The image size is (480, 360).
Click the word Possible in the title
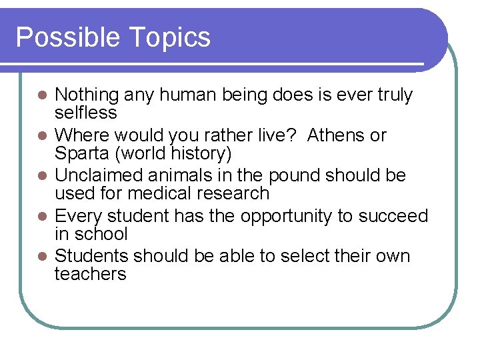(x=59, y=37)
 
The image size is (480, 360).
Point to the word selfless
(x=85, y=113)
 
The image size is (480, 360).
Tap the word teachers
(x=90, y=274)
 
